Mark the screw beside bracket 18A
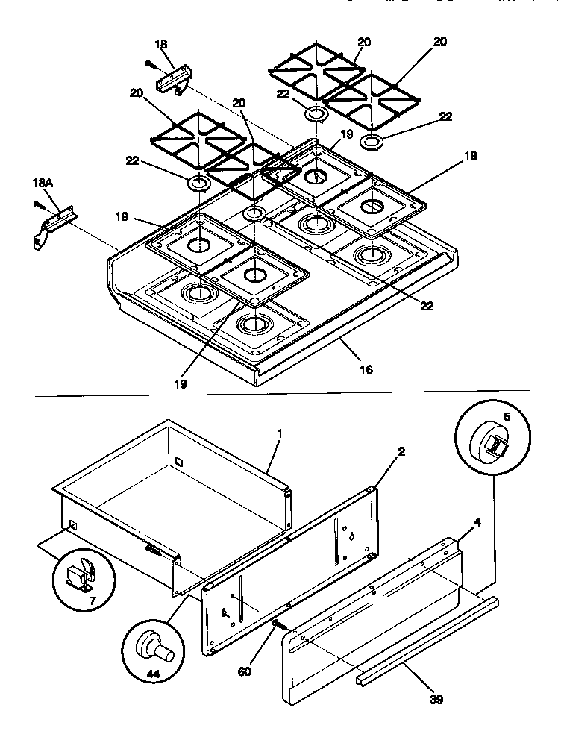pos(36,202)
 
